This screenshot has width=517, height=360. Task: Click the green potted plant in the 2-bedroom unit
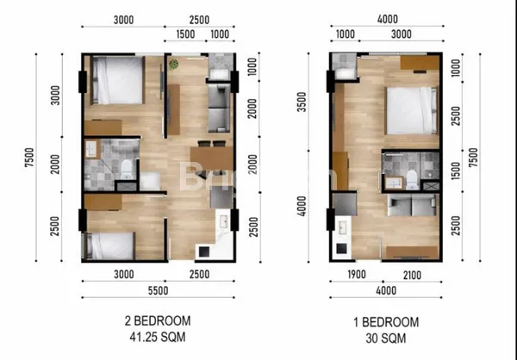point(174,65)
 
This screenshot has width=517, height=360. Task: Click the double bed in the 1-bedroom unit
point(410,110)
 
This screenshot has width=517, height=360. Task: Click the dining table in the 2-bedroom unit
point(211,158)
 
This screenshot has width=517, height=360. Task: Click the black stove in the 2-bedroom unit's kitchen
point(208,251)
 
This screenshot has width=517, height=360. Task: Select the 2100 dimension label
point(410,275)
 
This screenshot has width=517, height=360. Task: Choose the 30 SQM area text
point(386,337)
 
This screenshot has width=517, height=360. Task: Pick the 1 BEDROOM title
point(386,321)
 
